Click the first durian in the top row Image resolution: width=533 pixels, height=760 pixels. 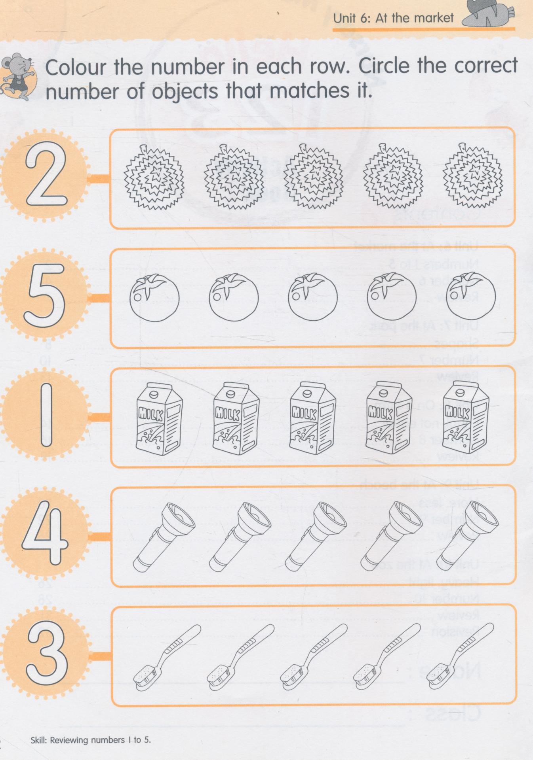(x=154, y=177)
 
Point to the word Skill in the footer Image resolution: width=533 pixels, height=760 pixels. (x=39, y=739)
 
